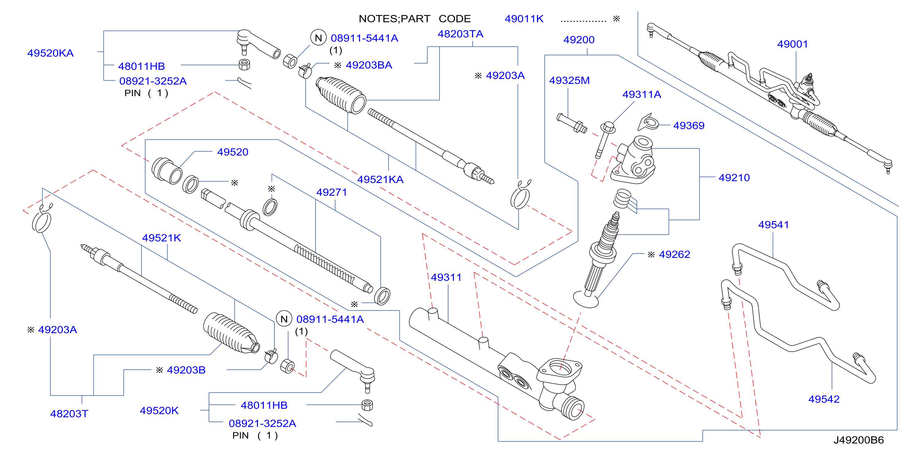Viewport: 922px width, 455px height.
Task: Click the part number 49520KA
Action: (51, 53)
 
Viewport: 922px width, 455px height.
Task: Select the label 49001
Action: (792, 44)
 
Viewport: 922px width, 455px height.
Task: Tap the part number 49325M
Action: (569, 80)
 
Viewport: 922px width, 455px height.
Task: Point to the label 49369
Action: (689, 125)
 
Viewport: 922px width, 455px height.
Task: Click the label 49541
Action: (773, 225)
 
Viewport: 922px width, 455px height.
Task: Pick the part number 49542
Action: (824, 399)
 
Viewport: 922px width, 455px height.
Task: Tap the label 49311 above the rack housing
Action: (446, 277)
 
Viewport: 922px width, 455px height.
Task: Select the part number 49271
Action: (331, 192)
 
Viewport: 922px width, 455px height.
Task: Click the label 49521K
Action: (161, 238)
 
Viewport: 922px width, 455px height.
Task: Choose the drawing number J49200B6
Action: (859, 440)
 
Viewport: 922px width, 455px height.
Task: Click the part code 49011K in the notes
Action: (524, 19)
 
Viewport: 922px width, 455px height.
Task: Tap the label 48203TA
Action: (460, 34)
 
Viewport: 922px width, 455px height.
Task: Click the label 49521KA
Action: (380, 179)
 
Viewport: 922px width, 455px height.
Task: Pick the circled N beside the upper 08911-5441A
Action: (318, 38)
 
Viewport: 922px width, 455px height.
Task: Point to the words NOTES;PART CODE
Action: (415, 19)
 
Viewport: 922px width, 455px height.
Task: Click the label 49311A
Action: (642, 94)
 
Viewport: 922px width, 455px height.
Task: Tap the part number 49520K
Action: (159, 410)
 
